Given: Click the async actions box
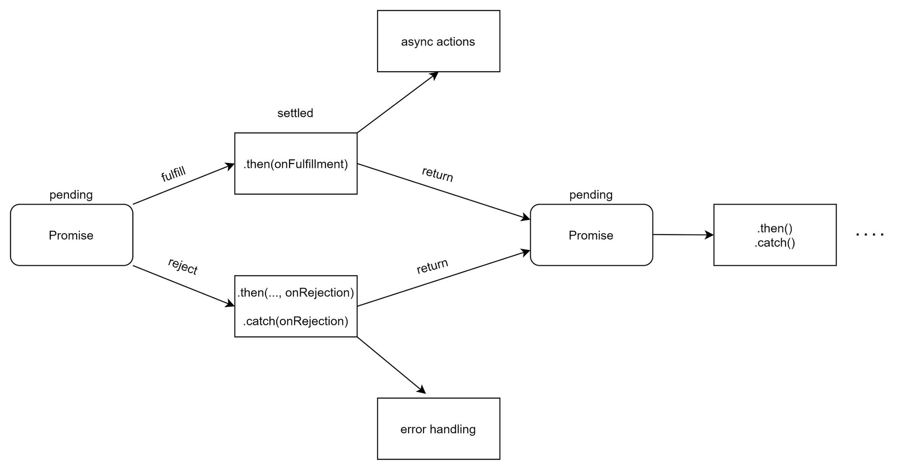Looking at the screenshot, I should tap(438, 41).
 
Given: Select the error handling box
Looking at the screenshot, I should tap(438, 429).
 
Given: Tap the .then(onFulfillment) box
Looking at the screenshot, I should tap(296, 164).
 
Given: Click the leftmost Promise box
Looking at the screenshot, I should tap(71, 235).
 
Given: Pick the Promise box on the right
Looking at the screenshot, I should tap(591, 235).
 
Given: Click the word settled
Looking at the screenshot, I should tap(295, 113).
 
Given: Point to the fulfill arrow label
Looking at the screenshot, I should tap(173, 174).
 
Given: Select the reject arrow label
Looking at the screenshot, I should tap(183, 266).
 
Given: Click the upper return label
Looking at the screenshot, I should tap(437, 174).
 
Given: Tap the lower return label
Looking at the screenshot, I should tap(432, 266).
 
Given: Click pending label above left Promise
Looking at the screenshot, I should tap(71, 194).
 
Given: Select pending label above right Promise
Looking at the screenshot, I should tap(591, 194).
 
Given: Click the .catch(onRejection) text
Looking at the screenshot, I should tap(296, 321).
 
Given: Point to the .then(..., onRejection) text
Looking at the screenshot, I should tap(296, 293).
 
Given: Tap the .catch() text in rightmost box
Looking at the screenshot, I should tap(775, 243).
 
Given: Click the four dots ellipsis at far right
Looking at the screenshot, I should tap(870, 235).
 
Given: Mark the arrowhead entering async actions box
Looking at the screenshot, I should tap(434, 75).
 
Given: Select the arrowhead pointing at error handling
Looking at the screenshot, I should tap(422, 390).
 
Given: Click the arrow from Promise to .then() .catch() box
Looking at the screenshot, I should tap(683, 235).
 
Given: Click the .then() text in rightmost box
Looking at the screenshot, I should tap(775, 228).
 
